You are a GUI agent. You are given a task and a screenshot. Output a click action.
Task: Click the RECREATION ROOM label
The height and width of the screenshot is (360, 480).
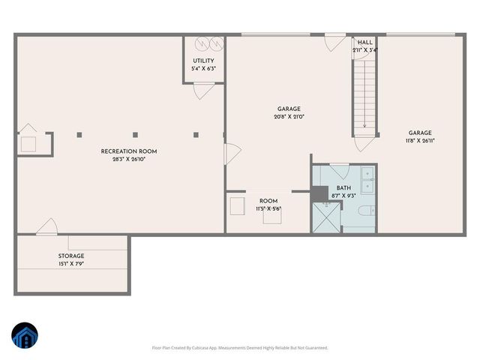coord(129,151)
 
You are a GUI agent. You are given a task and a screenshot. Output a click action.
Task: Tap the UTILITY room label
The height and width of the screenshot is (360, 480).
coord(203,61)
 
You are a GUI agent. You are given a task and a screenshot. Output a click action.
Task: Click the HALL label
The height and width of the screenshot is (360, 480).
coord(365,43)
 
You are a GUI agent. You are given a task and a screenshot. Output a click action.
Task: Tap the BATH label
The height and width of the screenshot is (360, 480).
coord(343,187)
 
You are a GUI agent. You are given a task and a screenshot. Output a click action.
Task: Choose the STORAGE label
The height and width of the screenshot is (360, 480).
coord(72,256)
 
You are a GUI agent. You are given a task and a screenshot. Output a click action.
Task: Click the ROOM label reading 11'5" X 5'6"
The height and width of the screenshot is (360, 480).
coord(268,201)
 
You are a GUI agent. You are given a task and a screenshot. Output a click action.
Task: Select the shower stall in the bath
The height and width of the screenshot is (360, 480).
coord(327,217)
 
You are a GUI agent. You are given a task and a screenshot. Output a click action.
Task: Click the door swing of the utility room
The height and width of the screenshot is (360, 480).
coord(202,91)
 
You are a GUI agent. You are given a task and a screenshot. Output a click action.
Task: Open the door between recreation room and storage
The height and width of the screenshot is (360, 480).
coord(46,226)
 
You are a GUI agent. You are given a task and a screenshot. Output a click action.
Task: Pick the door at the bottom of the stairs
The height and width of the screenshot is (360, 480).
coord(365,140)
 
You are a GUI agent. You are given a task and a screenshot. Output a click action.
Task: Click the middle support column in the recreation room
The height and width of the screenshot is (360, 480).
coord(135,135)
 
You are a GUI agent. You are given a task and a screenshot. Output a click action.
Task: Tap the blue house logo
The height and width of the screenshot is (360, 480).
coord(24,337)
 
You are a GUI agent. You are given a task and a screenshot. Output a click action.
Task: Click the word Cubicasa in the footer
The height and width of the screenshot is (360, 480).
coord(202,348)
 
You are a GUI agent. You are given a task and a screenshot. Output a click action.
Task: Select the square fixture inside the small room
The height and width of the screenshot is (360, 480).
coord(238,205)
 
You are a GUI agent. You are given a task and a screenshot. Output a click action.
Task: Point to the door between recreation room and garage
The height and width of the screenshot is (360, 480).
coord(232,156)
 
